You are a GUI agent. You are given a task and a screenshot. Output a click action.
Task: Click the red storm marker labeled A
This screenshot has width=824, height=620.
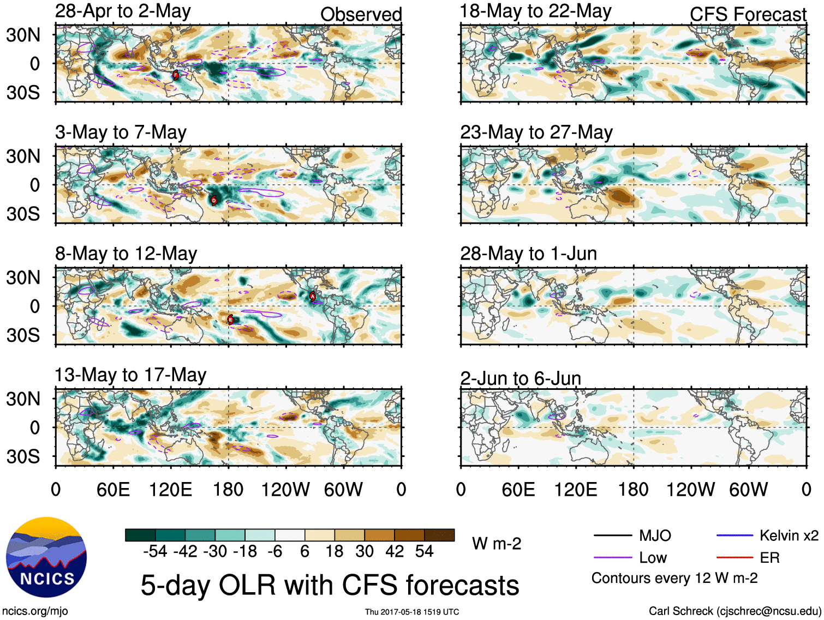(313, 296)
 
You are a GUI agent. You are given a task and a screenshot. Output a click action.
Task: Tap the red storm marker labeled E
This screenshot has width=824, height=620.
(230, 320)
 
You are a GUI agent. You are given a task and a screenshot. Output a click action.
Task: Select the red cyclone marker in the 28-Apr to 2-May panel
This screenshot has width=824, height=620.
(176, 75)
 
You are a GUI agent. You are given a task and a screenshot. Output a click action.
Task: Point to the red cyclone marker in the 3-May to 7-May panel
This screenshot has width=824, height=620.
(214, 200)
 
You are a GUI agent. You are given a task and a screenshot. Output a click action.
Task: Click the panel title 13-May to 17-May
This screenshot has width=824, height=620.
(130, 375)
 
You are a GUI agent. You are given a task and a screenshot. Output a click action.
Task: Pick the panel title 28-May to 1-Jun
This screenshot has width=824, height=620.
(528, 254)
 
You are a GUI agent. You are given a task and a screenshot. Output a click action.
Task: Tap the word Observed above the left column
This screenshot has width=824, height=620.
(361, 14)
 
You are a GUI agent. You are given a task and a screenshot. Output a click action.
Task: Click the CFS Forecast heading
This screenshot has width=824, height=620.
(748, 14)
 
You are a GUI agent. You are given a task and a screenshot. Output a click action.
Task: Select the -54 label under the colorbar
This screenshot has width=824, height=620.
(155, 551)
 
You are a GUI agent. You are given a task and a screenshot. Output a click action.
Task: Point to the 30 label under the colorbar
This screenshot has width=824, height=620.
(365, 551)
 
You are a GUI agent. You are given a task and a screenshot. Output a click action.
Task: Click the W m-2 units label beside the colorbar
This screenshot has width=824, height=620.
(497, 544)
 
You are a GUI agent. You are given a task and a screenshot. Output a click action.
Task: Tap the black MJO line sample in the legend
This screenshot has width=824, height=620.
(612, 535)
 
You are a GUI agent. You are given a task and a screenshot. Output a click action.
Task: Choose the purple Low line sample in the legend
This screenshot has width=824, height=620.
(612, 557)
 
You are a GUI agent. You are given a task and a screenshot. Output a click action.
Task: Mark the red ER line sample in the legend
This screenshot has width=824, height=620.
(735, 557)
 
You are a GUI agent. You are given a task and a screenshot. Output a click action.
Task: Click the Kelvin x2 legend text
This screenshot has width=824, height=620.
(789, 535)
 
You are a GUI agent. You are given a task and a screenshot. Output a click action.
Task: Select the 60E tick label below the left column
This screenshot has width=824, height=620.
(113, 489)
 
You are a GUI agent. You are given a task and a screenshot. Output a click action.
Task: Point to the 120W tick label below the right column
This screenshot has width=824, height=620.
(690, 489)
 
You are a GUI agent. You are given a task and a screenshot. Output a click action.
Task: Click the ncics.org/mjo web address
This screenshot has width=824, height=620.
(35, 611)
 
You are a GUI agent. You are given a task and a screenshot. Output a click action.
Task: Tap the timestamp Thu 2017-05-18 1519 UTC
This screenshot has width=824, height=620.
(412, 612)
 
